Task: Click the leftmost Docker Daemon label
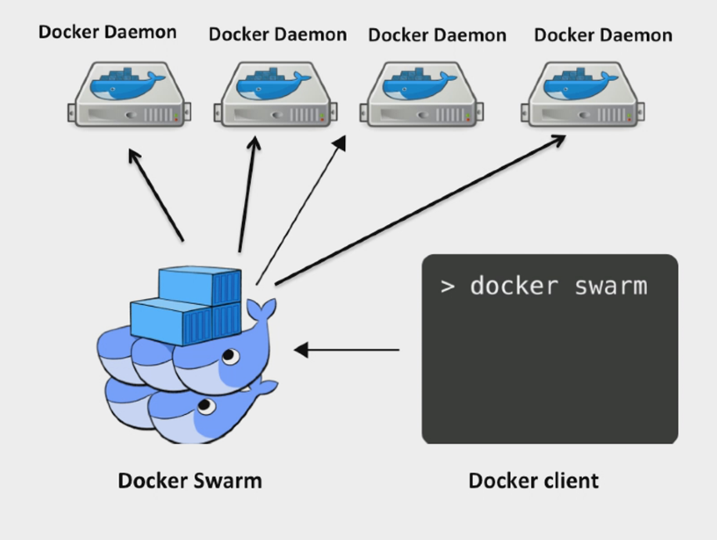pyautogui.click(x=108, y=32)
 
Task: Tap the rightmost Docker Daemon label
pyautogui.click(x=603, y=35)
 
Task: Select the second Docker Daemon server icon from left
pyautogui.click(x=276, y=94)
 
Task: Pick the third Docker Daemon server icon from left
pyautogui.click(x=421, y=94)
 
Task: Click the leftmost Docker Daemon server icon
pyautogui.click(x=129, y=94)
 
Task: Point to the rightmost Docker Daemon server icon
pyautogui.click(x=583, y=94)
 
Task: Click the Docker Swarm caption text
pyautogui.click(x=189, y=481)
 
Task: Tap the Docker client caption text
pyautogui.click(x=533, y=481)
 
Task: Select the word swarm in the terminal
pyautogui.click(x=611, y=286)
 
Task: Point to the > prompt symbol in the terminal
pyautogui.click(x=448, y=287)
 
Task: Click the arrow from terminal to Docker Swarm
pyautogui.click(x=346, y=350)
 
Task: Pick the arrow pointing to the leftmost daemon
pyautogui.click(x=156, y=195)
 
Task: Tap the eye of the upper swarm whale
pyautogui.click(x=228, y=357)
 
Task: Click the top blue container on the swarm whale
pyautogui.click(x=200, y=286)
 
